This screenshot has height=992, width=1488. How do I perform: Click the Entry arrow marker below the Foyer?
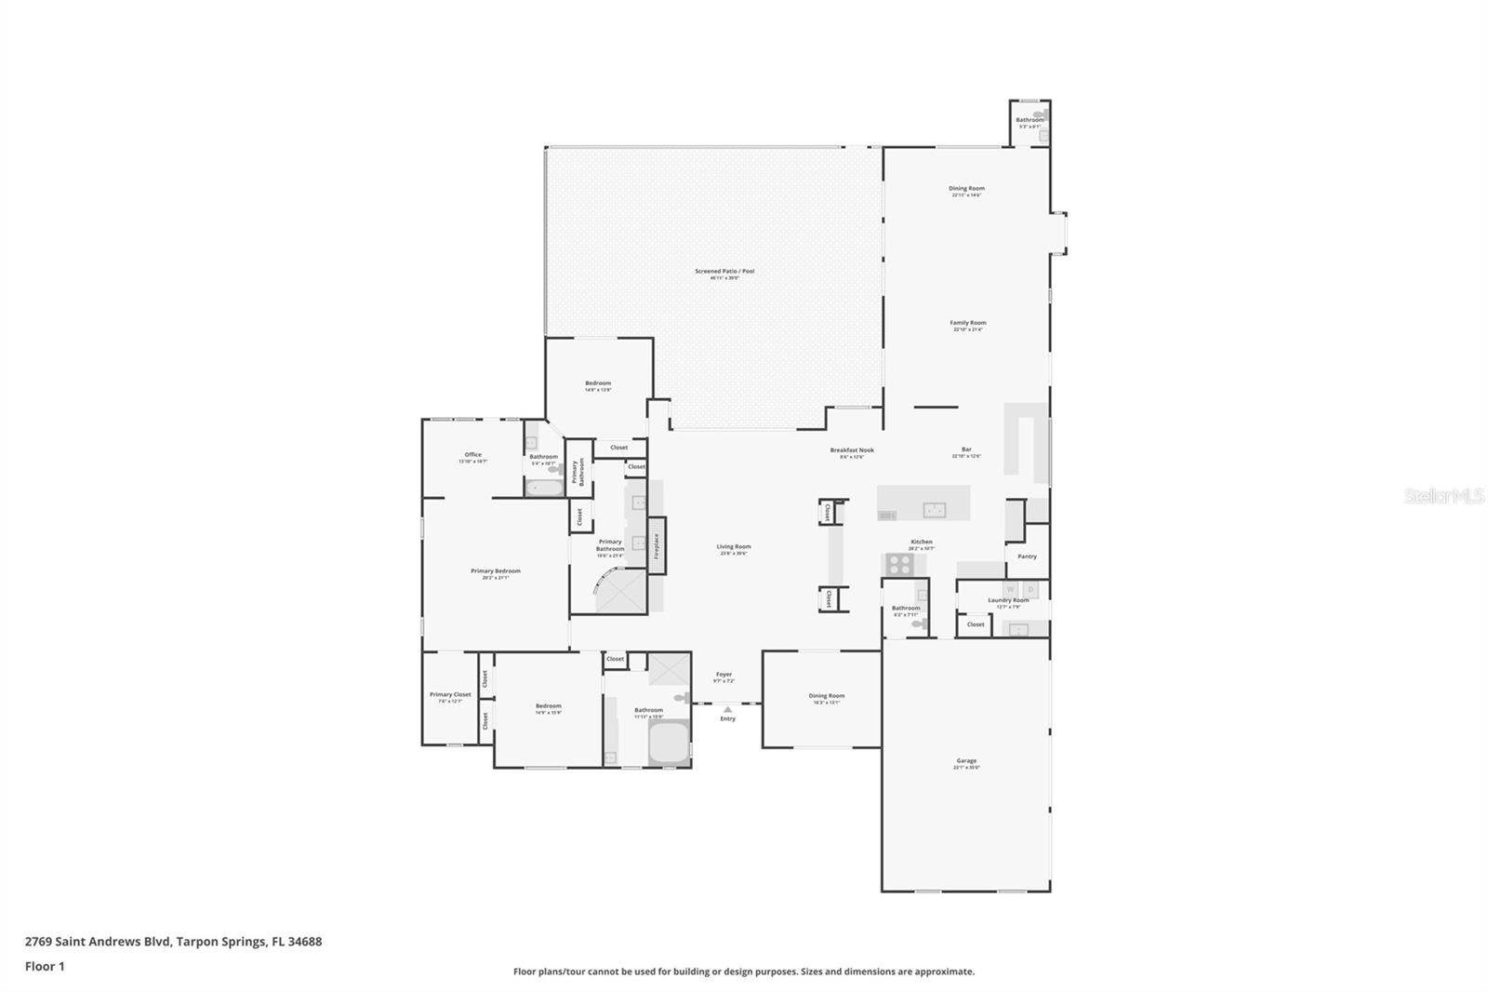click(x=727, y=709)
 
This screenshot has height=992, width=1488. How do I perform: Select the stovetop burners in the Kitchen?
click(x=899, y=563)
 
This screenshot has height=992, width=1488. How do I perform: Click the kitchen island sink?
click(x=934, y=510)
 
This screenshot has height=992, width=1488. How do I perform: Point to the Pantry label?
click(x=1027, y=556)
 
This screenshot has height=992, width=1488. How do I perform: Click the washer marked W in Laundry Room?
click(x=1010, y=590)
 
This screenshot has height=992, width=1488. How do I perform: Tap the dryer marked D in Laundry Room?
click(x=1030, y=590)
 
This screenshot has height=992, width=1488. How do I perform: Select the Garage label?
click(x=966, y=761)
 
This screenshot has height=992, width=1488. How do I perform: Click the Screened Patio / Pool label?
click(x=724, y=272)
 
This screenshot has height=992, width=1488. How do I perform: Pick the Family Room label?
click(x=968, y=323)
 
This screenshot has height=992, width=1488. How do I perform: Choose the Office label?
click(x=472, y=455)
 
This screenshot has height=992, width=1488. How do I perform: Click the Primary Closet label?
click(x=450, y=694)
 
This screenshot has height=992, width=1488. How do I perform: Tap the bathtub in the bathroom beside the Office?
click(x=544, y=488)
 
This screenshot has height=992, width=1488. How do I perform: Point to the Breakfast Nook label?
click(x=852, y=450)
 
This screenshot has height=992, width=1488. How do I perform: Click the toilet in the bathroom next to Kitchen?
click(x=919, y=624)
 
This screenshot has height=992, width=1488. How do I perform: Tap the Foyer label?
click(x=724, y=674)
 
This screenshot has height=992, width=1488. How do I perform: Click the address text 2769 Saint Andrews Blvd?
click(x=98, y=942)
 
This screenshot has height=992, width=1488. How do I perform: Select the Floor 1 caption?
click(x=45, y=967)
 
